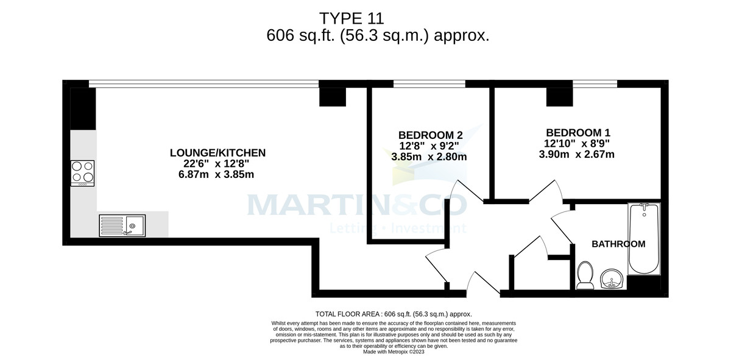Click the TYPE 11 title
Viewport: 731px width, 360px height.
coord(351,18)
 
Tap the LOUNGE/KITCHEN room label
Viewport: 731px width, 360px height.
coord(217,152)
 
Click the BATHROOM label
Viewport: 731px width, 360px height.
coord(618,244)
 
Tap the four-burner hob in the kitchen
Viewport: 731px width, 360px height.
coord(83,172)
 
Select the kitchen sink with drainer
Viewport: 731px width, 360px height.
coord(122,225)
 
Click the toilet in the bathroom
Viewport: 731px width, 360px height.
coord(585,275)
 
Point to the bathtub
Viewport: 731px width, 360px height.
coord(644,239)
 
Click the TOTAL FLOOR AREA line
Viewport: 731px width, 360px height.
coord(394,314)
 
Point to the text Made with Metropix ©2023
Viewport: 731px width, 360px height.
coord(394,351)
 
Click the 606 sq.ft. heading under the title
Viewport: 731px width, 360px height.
coord(378,36)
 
